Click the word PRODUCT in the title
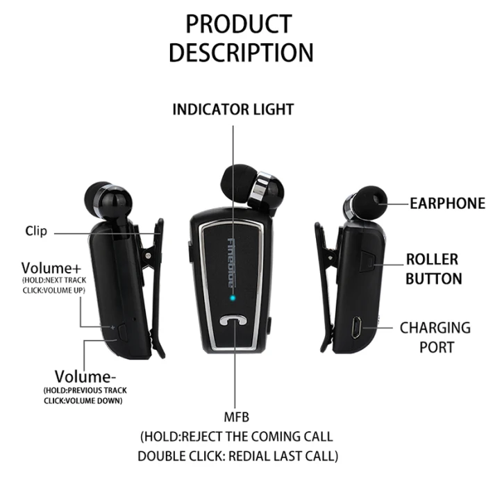pos(238,24)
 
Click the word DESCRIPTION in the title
pos(240,53)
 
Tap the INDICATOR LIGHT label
pos(233,110)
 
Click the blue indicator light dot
pos(234,300)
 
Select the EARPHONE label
pos(447,203)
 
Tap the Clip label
pos(36,231)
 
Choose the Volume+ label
pos(51,268)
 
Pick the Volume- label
pos(85,377)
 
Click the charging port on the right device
pos(355,328)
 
